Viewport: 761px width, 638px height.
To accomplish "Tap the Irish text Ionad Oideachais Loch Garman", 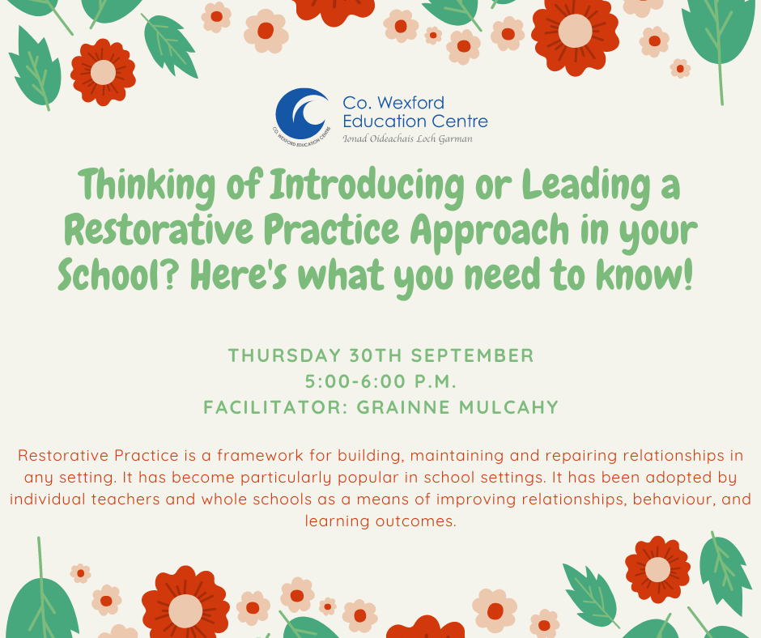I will click(407, 139).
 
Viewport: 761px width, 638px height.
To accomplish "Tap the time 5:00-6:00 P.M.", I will click(380, 381).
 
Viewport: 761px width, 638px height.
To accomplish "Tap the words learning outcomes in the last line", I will click(380, 521).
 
